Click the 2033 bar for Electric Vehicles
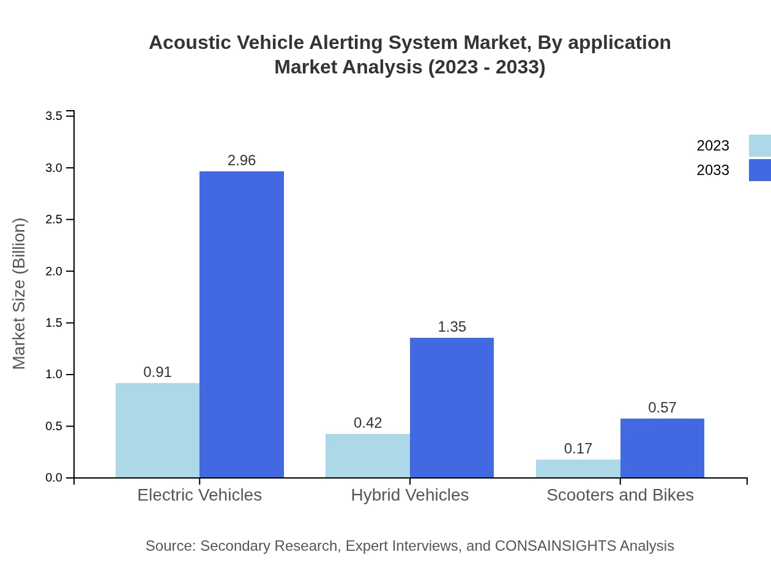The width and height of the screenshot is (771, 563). [x=242, y=324]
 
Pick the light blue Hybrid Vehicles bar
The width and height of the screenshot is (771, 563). [x=368, y=456]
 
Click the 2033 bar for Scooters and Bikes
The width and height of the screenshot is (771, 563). [x=662, y=448]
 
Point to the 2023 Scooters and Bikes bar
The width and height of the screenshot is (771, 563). [x=578, y=469]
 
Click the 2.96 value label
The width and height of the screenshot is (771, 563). [x=242, y=160]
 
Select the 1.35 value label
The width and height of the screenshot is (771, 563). [x=452, y=327]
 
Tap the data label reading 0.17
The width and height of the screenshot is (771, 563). [x=578, y=449]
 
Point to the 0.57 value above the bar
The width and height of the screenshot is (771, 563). [x=662, y=408]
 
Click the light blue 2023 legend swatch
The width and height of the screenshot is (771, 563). [x=760, y=146]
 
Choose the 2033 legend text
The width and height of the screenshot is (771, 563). [x=713, y=170]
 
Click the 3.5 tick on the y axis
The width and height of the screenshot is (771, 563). [x=54, y=116]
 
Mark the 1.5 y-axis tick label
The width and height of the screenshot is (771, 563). [x=54, y=323]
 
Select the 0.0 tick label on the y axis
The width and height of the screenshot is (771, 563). [x=54, y=478]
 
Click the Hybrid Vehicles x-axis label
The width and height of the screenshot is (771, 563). [x=410, y=494]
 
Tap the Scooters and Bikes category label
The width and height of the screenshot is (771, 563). [x=620, y=494]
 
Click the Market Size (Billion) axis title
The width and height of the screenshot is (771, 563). [x=19, y=294]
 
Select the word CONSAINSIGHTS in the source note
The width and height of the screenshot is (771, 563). [x=554, y=545]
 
